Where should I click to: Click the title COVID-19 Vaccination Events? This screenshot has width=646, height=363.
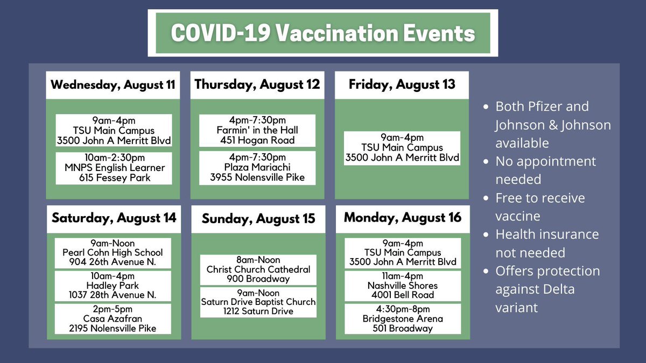point(323,33)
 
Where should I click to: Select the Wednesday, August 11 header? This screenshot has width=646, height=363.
point(113,85)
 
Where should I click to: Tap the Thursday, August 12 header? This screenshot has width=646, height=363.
point(257,85)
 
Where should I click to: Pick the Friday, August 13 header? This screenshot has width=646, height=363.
point(402,85)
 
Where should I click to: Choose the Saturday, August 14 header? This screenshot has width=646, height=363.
point(114,218)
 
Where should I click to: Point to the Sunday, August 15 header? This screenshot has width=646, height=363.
point(258,219)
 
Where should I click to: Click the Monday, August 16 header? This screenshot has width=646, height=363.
point(403,218)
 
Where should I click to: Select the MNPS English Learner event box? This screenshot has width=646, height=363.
point(114,168)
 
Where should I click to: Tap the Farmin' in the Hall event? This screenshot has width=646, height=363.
point(258,131)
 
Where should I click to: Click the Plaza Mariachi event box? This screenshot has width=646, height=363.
point(258,167)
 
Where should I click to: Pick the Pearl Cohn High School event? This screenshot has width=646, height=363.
point(113,253)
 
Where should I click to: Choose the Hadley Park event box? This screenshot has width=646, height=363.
point(113,286)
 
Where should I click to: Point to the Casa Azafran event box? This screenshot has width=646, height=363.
point(113,319)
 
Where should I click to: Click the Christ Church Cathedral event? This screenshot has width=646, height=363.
point(258,269)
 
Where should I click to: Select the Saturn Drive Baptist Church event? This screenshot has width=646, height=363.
point(258,302)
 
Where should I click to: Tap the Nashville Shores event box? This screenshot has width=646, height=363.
point(403,286)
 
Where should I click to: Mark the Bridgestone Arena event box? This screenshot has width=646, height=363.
point(403,319)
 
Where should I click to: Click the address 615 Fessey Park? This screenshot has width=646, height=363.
point(114,178)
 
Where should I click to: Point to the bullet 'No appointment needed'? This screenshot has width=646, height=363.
point(545,170)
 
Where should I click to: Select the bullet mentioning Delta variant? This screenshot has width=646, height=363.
point(547,289)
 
